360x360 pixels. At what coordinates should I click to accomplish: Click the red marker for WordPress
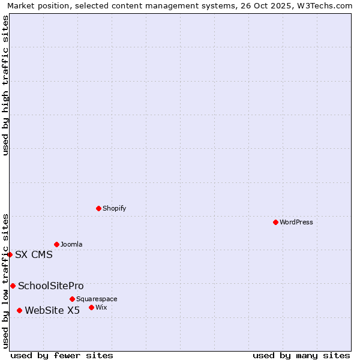coord(275,222)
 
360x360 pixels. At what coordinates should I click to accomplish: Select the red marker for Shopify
coord(98,208)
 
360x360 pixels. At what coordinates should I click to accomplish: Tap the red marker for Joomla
coord(56,244)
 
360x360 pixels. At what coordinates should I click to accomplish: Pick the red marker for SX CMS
coord(10,254)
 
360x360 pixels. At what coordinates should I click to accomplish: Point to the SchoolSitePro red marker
coord(13,286)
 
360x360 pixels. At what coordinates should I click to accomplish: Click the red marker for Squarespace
coord(72,299)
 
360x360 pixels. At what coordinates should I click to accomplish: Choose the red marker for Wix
coord(91,307)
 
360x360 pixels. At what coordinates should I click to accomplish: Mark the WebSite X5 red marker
coord(19,310)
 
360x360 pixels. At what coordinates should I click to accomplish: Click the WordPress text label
coord(296,223)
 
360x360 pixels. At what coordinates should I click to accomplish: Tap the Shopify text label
coord(114,209)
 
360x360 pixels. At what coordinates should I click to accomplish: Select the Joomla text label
coord(71,245)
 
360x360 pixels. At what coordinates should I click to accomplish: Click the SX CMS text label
coord(34,255)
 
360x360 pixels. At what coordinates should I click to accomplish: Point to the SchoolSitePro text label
coord(51,286)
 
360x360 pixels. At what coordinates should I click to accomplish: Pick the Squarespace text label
coord(97,299)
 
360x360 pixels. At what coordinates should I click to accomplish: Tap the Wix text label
coord(101,308)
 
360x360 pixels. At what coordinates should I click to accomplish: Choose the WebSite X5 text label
coord(52,311)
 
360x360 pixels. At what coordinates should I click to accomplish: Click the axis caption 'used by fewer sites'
coord(62,356)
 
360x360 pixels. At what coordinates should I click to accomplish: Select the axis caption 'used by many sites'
coord(301,356)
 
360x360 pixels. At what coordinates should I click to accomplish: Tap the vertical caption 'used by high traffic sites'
coord(6,85)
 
